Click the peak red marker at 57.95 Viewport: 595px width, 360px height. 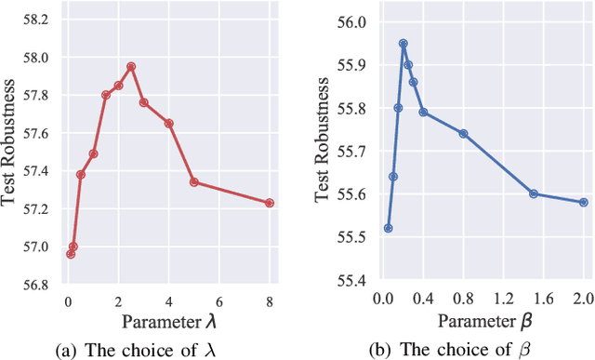(131, 66)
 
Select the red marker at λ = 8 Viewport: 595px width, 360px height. (270, 203)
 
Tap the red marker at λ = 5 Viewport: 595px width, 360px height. (194, 181)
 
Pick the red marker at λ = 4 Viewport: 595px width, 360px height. (169, 123)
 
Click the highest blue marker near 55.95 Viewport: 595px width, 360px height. (403, 43)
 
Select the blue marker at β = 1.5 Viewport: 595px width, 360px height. (534, 193)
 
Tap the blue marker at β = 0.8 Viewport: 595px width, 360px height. (463, 133)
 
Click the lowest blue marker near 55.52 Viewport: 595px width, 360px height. (389, 228)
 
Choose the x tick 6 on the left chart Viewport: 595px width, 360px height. (219, 300)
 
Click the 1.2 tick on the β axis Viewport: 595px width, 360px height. (503, 300)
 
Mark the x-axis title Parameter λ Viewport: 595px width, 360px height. (168, 320)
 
